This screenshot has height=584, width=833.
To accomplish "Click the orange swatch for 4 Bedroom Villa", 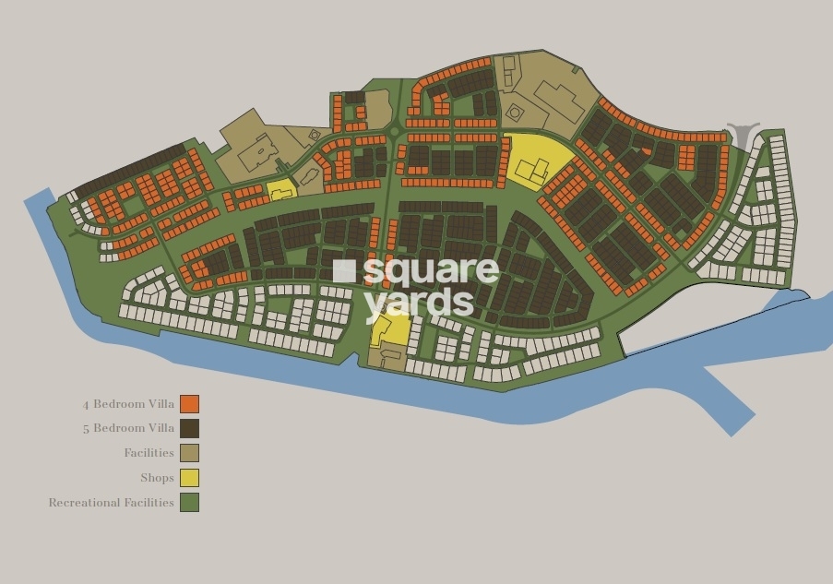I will tap(189, 403).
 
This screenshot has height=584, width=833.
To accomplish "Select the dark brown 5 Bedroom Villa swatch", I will tap(189, 428).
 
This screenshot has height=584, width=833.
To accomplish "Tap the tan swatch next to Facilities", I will tap(189, 453).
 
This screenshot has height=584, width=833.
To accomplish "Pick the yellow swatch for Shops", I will tap(189, 478).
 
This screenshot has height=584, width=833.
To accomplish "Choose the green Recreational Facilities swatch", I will tap(189, 503).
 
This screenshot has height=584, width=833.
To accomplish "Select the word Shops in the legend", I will tap(157, 478).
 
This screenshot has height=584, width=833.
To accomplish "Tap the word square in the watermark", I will tap(431, 271).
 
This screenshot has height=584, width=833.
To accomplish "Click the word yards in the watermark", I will tap(419, 301).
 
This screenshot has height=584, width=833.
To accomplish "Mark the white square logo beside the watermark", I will tap(344, 270).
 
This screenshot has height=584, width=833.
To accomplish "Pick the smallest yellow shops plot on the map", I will tap(281, 189).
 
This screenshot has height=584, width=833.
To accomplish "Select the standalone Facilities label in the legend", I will tap(149, 453).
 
